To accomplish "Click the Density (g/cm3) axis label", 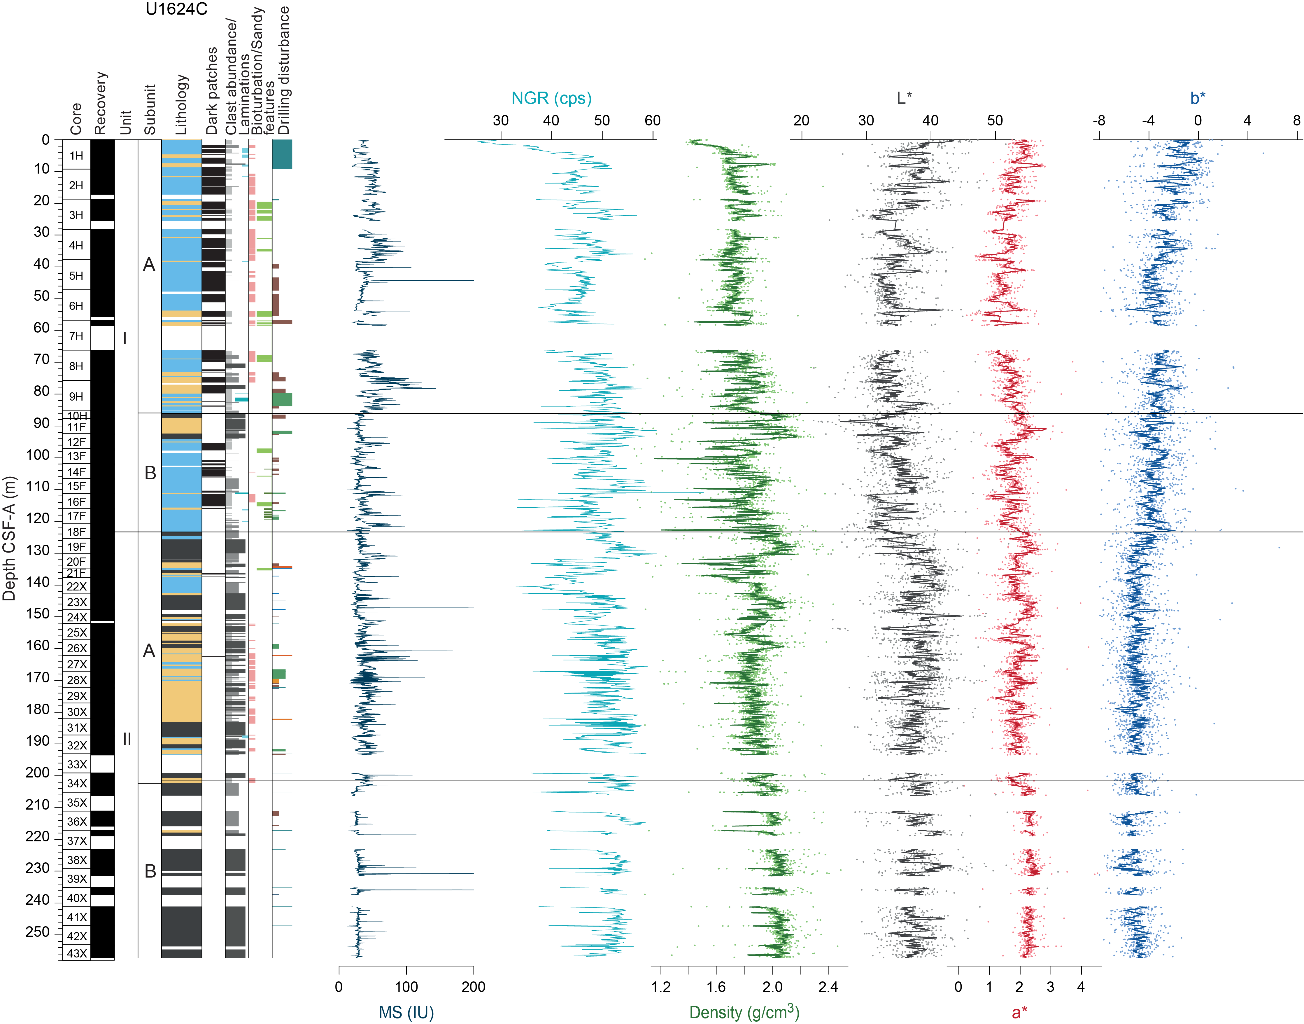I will click(744, 1012).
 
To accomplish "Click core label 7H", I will click(76, 336).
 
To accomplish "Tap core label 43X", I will click(77, 953).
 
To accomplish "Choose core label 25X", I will click(77, 632).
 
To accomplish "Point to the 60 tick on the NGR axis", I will click(653, 120).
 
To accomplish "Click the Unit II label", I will click(127, 739).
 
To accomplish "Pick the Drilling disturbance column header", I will click(284, 71).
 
